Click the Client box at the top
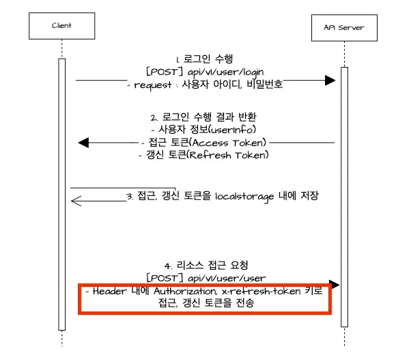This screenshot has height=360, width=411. click(61, 26)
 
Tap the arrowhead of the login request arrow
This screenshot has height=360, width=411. click(330, 81)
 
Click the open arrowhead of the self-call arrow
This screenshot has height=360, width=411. click(76, 199)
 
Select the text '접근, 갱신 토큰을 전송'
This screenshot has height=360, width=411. click(205, 304)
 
